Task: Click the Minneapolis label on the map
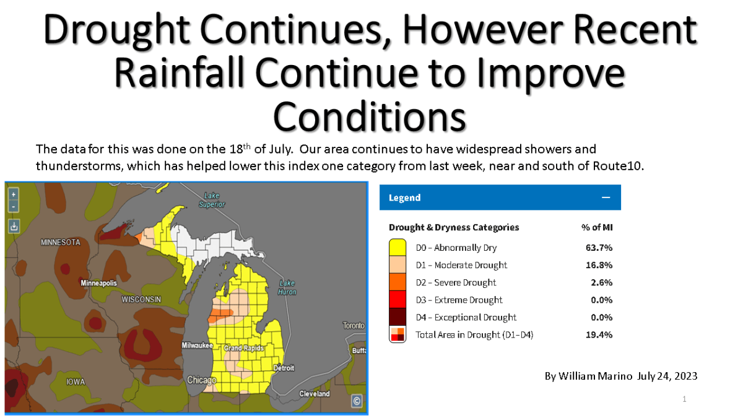(x=98, y=283)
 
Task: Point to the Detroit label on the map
(x=284, y=368)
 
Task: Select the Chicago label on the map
(x=202, y=380)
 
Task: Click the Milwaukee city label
(x=198, y=345)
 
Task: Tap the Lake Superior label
(x=212, y=199)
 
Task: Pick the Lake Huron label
(x=287, y=287)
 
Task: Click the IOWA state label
(x=76, y=381)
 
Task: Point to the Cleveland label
(x=315, y=394)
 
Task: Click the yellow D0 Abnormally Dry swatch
(x=398, y=248)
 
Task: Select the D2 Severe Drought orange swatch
(x=398, y=282)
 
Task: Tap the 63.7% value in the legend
(x=599, y=248)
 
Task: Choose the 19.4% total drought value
(x=599, y=335)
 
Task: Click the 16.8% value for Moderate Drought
(x=599, y=265)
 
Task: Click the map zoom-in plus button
(x=14, y=193)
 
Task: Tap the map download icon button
(x=14, y=226)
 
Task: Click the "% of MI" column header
(x=597, y=227)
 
